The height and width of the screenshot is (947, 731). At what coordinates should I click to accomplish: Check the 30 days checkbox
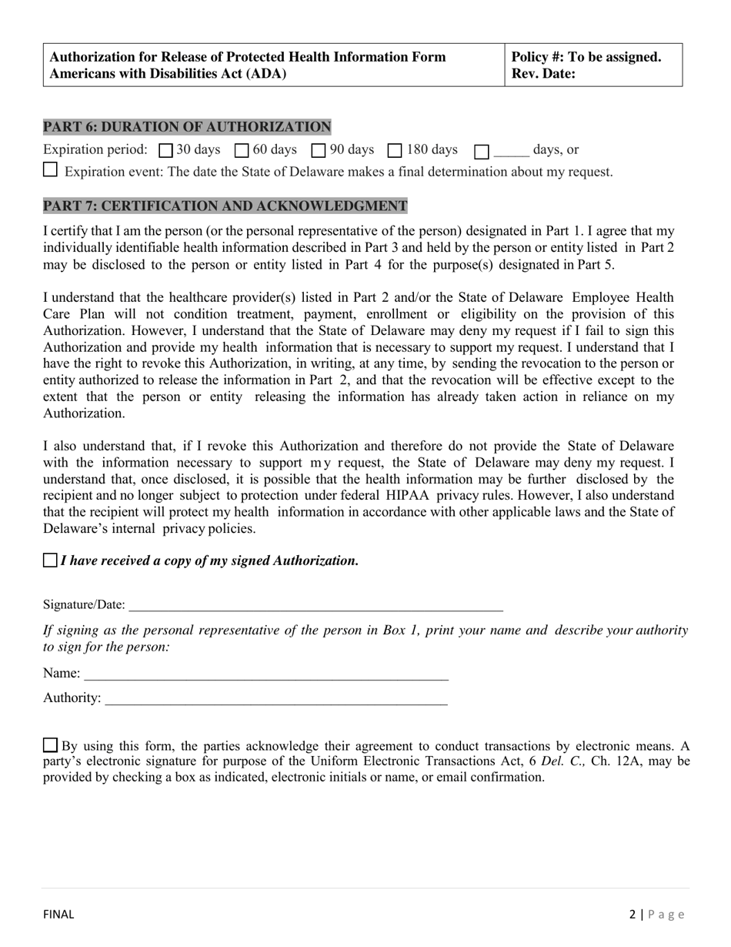pyautogui.click(x=165, y=151)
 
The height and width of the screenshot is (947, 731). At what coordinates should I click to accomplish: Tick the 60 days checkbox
pyautogui.click(x=242, y=151)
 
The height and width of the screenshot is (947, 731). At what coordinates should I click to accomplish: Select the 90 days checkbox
pyautogui.click(x=319, y=151)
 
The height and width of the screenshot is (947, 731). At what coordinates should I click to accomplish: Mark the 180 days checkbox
pyautogui.click(x=395, y=151)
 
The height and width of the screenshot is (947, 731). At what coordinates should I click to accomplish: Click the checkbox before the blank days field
pyautogui.click(x=482, y=152)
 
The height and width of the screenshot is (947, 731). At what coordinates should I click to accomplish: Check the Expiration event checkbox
pyautogui.click(x=50, y=170)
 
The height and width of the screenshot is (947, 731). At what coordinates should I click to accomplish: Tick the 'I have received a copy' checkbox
pyautogui.click(x=50, y=561)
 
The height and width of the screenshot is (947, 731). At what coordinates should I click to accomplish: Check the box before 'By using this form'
pyautogui.click(x=50, y=745)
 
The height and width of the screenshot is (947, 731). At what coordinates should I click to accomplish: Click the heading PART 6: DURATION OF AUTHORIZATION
pyautogui.click(x=187, y=127)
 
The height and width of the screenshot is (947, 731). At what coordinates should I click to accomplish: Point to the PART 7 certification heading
pyautogui.click(x=225, y=206)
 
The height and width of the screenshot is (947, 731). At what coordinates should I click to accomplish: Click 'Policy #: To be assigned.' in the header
pyautogui.click(x=586, y=57)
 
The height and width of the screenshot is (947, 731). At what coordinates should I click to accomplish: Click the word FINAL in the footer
pyautogui.click(x=58, y=915)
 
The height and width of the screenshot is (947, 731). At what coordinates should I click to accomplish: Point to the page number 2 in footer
pyautogui.click(x=633, y=915)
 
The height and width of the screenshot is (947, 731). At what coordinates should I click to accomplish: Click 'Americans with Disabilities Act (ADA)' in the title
pyautogui.click(x=168, y=74)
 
